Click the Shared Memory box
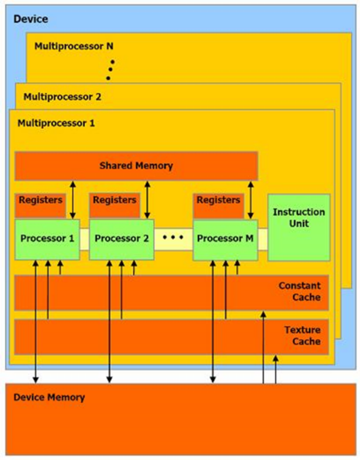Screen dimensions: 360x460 136,166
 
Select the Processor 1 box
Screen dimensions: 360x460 47,240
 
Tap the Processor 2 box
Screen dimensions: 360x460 122,240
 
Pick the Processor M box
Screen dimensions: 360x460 225,240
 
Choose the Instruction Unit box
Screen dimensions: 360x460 299,227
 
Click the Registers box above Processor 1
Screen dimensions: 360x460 40,206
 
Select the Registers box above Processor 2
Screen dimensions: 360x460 115,206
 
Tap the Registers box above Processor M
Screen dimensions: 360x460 218,206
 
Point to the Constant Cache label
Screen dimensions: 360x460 299,291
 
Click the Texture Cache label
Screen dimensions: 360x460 302,336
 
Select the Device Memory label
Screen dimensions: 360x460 49,398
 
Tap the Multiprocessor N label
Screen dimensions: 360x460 74,46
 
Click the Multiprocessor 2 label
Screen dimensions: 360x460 62,97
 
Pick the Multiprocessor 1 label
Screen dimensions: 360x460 56,123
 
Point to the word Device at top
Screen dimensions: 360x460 31,19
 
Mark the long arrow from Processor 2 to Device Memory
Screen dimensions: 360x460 109,322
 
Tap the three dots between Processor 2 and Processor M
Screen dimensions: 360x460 173,237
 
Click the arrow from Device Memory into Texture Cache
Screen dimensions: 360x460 276,370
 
